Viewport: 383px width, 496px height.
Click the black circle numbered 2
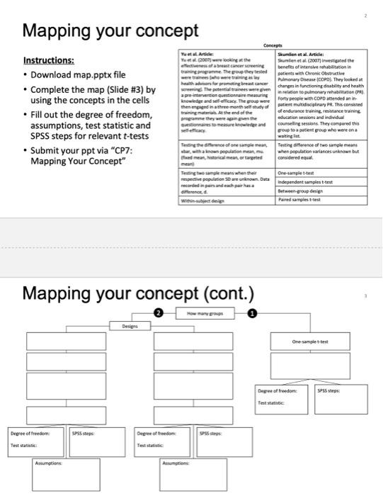click(158, 312)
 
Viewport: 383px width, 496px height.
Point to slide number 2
click(366, 13)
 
